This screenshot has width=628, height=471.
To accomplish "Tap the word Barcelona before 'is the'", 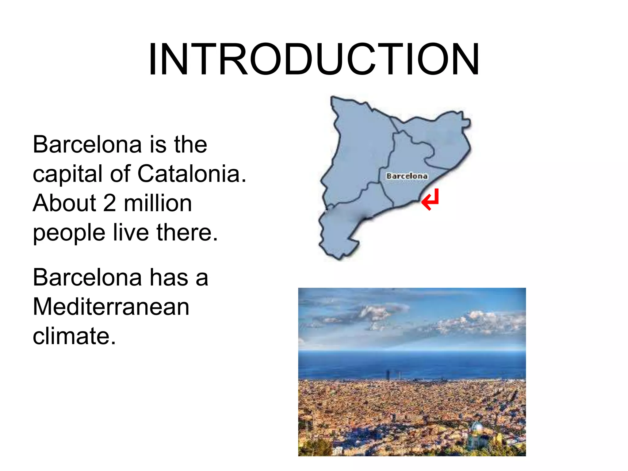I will [87, 144].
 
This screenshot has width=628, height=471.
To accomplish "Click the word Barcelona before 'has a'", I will [87, 278].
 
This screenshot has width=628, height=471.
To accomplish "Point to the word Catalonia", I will [192, 174].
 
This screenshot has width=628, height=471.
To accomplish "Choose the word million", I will [158, 203].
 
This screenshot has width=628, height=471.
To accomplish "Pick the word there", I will [187, 232].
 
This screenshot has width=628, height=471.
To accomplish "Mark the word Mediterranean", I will [111, 307].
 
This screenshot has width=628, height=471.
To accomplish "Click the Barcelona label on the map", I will [407, 176].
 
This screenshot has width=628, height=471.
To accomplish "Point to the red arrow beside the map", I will [431, 200].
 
